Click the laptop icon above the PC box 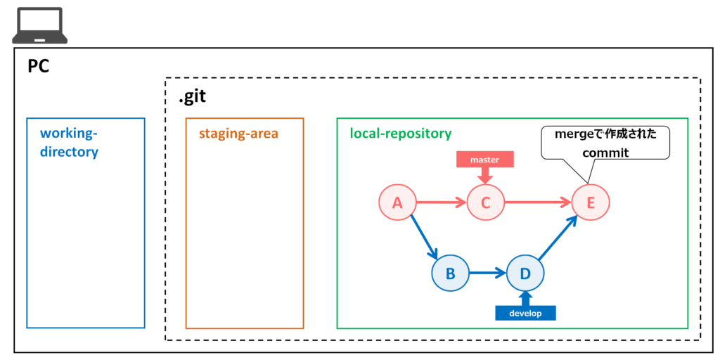point(40,25)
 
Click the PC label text point(38,67)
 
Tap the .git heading point(193,96)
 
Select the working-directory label point(69,143)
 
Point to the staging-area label point(238,134)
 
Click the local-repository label point(400,134)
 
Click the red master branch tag point(484,160)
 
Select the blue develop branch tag point(525,313)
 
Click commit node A point(397,202)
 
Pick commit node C point(486,202)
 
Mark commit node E point(591,202)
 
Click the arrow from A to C point(442,202)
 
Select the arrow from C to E point(538,202)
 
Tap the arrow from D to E point(558,238)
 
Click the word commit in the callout point(605,153)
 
